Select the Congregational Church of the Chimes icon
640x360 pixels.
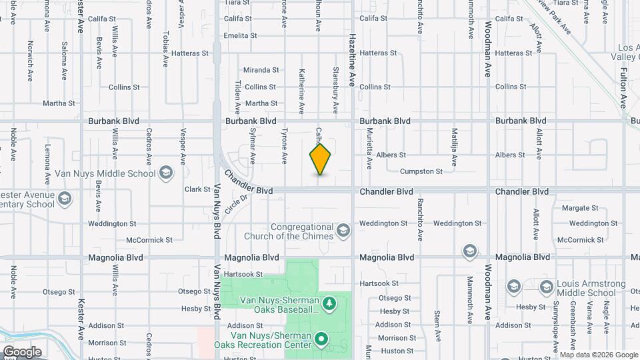click(343, 231)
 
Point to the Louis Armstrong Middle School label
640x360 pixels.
click(586, 287)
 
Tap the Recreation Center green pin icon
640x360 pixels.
click(321, 339)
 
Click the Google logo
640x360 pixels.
click(21, 352)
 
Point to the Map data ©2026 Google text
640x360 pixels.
click(599, 355)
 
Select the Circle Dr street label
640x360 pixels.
click(236, 203)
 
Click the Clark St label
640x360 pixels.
click(197, 189)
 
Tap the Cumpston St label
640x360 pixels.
click(421, 171)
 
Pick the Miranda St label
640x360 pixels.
click(261, 70)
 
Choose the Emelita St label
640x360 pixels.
click(240, 36)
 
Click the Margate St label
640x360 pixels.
click(575, 208)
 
